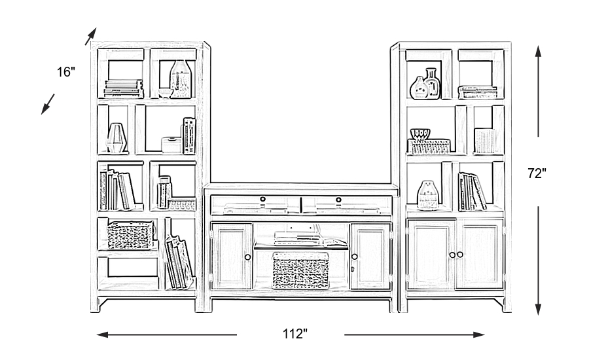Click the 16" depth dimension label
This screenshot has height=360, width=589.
click(x=66, y=72)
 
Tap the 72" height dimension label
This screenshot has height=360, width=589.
click(x=537, y=173)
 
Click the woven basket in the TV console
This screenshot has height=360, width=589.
click(x=300, y=271)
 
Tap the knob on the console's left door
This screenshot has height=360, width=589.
click(x=248, y=257)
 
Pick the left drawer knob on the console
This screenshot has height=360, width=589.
click(x=262, y=199)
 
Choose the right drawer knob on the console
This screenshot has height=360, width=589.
click(x=338, y=199)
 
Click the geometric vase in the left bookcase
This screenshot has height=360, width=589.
click(x=116, y=137)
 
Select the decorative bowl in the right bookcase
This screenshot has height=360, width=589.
click(x=421, y=134)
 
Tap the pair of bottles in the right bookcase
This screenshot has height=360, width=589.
click(x=425, y=84)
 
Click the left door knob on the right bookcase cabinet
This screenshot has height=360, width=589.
click(x=452, y=255)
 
